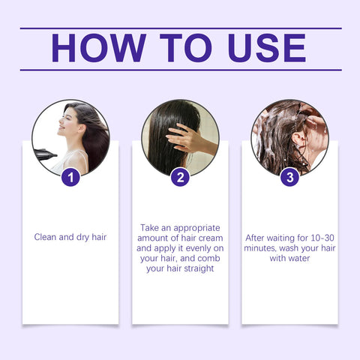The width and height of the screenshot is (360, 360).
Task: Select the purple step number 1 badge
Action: [70, 178]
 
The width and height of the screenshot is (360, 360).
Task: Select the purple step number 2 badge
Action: [180, 178]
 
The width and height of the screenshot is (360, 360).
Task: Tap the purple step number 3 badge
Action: [289, 178]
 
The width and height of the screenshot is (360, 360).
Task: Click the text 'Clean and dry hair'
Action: [70, 236]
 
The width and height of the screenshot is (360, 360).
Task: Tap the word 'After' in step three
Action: [258, 236]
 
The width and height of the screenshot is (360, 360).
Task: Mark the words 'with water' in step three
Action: [289, 257]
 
